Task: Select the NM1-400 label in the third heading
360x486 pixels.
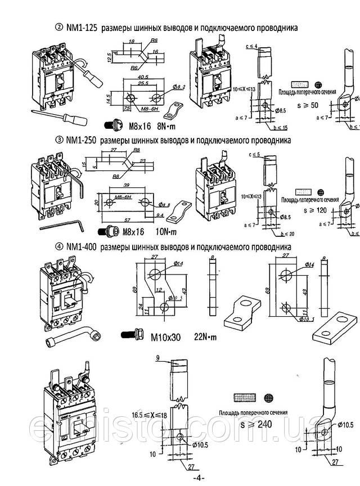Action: click(79, 246)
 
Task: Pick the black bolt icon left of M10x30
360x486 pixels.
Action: click(130, 336)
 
